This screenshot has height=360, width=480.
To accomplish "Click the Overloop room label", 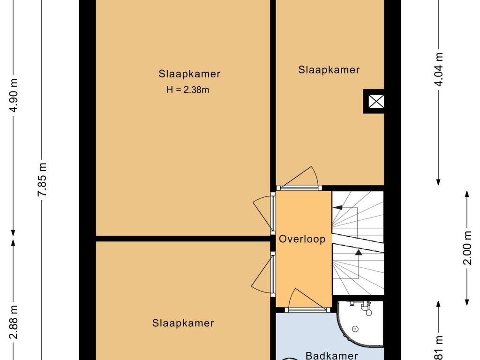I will point(302,239).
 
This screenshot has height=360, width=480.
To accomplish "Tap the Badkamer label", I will point(332,355).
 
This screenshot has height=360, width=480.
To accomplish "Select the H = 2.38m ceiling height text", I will point(187,90).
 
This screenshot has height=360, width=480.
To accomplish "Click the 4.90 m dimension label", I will point(15,95).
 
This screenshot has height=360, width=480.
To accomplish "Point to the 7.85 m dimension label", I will point(43,180).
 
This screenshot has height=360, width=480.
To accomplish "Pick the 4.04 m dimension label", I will point(439,69).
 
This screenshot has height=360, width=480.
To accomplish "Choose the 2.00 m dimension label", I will point(467,247).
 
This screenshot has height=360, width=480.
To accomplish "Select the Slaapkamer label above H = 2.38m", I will point(189,74).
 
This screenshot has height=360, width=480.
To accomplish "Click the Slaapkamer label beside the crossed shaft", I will point(329,70).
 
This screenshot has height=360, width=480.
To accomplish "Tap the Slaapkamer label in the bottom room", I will point(183,323).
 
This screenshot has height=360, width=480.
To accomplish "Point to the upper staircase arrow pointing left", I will point(338,208).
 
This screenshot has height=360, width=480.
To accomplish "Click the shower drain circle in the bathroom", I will point(356,329).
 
